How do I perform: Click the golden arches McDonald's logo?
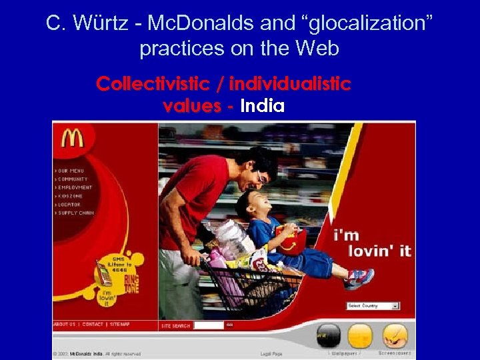[72, 138]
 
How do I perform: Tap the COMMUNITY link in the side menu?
[73, 179]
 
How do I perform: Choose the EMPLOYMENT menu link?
[75, 187]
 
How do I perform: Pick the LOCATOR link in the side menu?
[69, 205]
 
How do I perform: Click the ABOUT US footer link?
[64, 325]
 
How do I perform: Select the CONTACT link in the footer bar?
[93, 325]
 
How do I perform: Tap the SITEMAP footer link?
[121, 325]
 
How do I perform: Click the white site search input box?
[208, 325]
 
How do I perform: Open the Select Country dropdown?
[373, 306]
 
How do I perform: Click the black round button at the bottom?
[328, 335]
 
